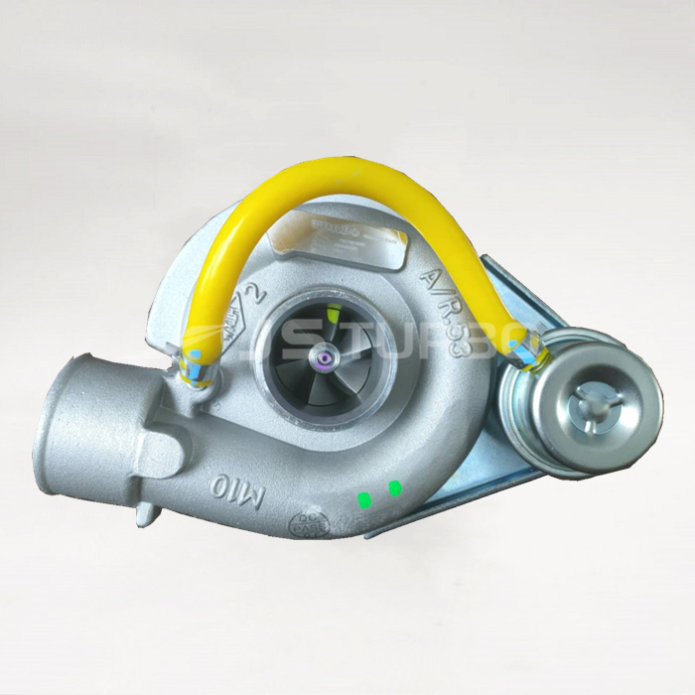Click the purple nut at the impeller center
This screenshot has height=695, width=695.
(x=325, y=355)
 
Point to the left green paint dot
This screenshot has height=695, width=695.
(x=364, y=497)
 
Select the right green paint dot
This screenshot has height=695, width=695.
(x=395, y=487)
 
